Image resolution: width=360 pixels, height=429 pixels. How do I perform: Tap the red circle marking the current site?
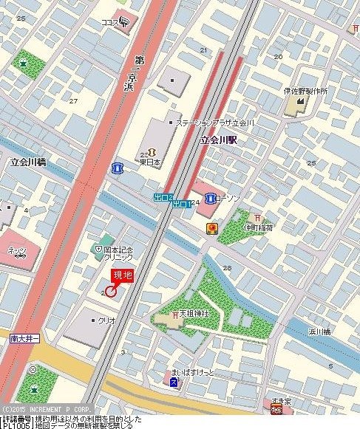coord(111,291)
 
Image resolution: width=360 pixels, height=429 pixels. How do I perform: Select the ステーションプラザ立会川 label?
coord(216,123)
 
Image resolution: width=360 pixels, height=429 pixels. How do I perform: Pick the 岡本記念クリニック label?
coord(118,255)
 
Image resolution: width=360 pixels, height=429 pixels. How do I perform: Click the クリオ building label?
coord(106,320)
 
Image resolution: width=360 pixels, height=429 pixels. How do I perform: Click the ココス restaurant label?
coord(111,23)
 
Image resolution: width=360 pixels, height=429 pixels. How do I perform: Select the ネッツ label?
coord(17,250)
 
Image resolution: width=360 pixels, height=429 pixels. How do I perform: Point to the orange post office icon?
coord(211,228)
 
